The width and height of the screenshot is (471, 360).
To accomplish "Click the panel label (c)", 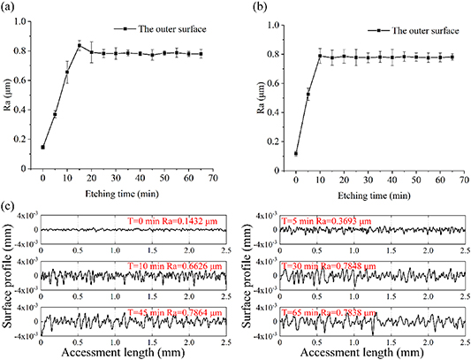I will (x=11, y=206).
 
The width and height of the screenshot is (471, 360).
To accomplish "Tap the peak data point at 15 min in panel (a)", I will (x=80, y=46).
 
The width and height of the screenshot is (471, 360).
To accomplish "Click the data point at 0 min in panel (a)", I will (x=42, y=147).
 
